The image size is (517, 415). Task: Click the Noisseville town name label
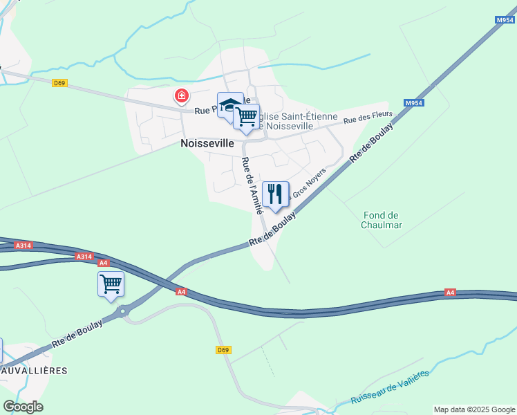click(207, 145)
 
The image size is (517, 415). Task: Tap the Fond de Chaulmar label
click(382, 220)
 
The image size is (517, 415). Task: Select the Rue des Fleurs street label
click(368, 118)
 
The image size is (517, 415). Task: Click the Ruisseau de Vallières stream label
click(390, 388)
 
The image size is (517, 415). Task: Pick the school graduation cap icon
click(229, 104)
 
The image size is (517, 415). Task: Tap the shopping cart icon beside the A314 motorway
click(111, 283)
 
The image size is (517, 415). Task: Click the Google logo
click(23, 407)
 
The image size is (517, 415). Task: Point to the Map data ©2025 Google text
click(473, 409)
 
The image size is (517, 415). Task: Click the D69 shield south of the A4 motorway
click(223, 350)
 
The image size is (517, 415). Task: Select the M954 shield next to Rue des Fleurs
click(413, 104)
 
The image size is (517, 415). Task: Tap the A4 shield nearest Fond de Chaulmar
click(450, 293)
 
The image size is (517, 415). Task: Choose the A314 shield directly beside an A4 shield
click(84, 257)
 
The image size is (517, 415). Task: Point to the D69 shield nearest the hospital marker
click(59, 84)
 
